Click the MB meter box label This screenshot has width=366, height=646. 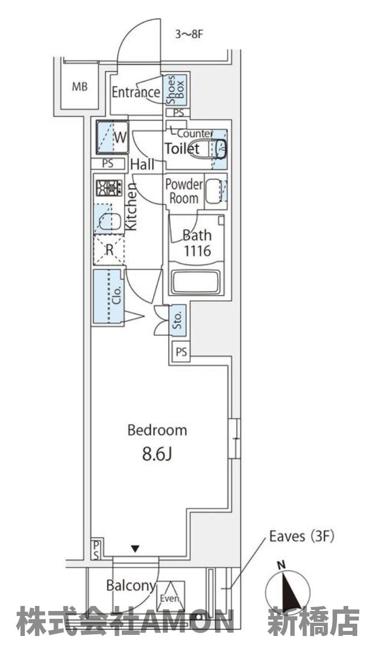tap(80, 87)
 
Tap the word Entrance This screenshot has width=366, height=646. tap(136, 92)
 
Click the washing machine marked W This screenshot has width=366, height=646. tap(112, 136)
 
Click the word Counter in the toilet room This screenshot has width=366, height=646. tap(195, 133)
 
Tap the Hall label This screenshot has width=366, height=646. tap(142, 165)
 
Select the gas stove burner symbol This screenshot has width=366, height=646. tap(109, 188)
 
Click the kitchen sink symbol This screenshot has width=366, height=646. tap(110, 222)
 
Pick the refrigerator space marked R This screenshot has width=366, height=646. tap(109, 250)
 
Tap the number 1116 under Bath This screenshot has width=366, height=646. tap(197, 250)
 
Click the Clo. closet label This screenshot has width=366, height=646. tap(117, 295)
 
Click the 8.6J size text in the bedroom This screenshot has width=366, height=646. tap(157, 454)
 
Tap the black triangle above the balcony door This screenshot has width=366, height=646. tap(135, 548)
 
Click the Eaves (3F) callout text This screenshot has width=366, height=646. tap(301, 536)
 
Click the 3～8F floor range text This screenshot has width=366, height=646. tap(190, 34)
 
